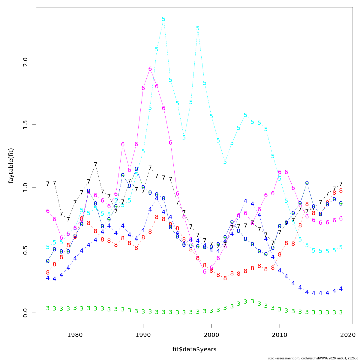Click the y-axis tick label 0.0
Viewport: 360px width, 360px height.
25,313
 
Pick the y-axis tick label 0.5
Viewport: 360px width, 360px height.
25,250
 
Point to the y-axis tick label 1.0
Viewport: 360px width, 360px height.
25,187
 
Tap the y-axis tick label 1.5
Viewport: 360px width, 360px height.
25,124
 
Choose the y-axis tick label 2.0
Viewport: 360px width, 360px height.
25,62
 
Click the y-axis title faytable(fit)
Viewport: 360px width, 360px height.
11,166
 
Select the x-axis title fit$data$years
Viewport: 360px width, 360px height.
194,349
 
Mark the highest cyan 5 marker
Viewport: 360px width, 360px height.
163,19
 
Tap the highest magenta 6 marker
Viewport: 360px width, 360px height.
150,69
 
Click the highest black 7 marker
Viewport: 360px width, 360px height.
95,164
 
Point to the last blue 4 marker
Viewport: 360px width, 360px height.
341,289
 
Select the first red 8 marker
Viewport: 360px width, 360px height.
48,273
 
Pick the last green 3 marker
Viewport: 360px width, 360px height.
341,312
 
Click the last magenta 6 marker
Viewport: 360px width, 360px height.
341,219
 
